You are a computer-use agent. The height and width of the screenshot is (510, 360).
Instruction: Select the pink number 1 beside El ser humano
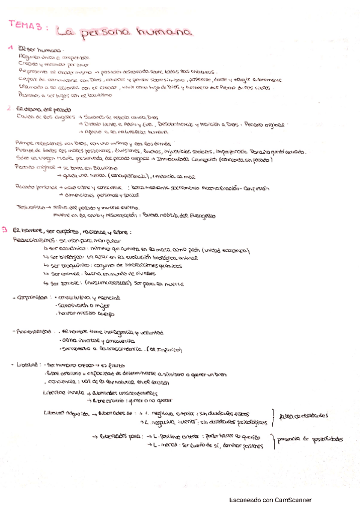pos(10,47)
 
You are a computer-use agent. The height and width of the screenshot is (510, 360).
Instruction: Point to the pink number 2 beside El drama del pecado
pos(9,108)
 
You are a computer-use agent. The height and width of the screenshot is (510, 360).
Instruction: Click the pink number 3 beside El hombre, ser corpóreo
pos(5,229)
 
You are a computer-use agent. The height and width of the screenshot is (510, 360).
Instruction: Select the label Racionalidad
pos(34,331)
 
